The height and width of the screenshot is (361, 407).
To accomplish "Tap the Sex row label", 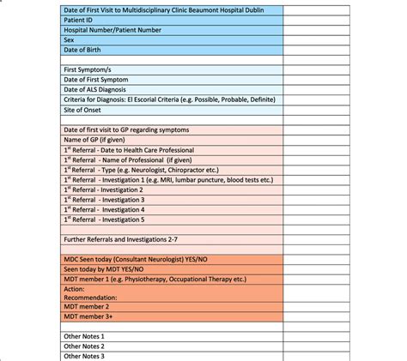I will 69,39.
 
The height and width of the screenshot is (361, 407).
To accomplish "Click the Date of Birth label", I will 83,50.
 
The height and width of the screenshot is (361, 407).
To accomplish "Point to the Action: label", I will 74,288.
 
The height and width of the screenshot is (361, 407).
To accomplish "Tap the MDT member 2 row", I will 88,307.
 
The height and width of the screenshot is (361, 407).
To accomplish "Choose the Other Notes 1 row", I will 84,337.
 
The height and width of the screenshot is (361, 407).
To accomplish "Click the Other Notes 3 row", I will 84,356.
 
